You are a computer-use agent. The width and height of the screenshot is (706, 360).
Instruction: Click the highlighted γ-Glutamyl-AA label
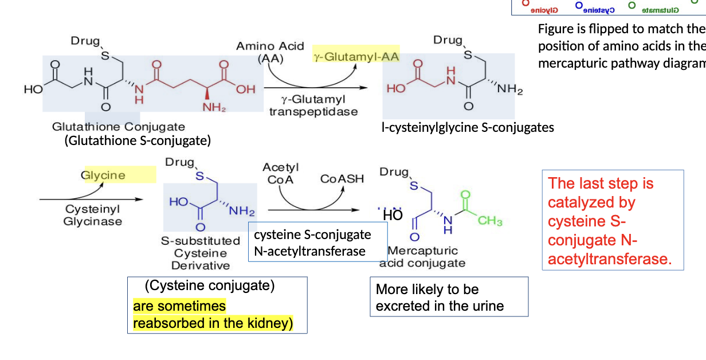[x=356, y=57]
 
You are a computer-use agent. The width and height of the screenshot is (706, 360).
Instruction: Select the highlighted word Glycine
[x=104, y=175]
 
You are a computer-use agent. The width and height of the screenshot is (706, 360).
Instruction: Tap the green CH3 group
[x=490, y=221]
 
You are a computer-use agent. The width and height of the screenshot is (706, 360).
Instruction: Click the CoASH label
[x=342, y=179]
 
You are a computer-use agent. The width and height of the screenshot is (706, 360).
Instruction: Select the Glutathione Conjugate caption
[x=119, y=127]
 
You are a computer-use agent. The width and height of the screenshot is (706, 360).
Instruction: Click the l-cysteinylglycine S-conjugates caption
[x=468, y=127]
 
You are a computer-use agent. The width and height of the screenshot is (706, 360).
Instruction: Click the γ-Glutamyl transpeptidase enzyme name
[x=313, y=106]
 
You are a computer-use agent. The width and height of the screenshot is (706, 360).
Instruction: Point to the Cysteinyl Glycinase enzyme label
[x=93, y=216]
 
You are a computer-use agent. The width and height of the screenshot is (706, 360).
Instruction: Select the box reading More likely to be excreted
[x=449, y=297]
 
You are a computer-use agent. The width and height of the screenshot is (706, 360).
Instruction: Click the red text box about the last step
[x=613, y=221]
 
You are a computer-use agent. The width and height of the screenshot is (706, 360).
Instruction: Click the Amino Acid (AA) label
[x=270, y=52]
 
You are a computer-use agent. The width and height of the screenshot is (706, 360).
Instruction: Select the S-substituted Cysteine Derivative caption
[x=201, y=253]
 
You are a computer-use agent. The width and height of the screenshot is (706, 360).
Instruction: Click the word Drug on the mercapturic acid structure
[x=394, y=172]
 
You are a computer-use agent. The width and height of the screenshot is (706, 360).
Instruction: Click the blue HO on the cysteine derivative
[x=178, y=202]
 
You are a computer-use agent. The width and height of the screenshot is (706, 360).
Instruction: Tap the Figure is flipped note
[x=621, y=46]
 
